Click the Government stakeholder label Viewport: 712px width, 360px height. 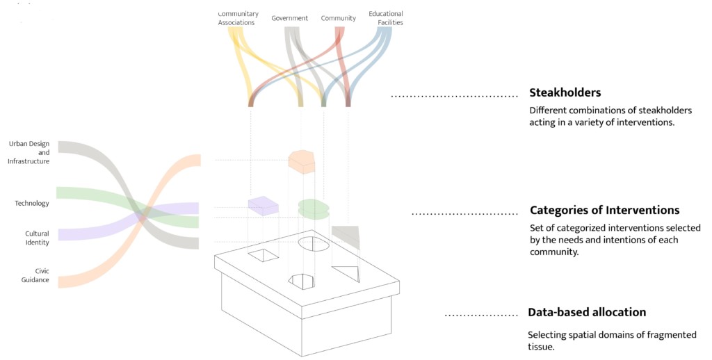289,18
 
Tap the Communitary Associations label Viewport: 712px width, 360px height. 236,18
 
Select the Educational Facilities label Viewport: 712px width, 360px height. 386,18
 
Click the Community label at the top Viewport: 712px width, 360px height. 338,18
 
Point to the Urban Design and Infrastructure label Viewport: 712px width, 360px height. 29,152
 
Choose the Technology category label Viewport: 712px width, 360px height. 32,204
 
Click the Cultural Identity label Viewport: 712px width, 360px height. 37,238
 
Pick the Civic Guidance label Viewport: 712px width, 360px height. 38,275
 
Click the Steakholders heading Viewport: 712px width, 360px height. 565,92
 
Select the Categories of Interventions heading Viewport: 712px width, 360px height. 604,210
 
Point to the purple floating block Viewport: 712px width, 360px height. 263,205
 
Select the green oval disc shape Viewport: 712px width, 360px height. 314,208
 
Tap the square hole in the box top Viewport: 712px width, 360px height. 264,255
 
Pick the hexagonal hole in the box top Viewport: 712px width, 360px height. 302,281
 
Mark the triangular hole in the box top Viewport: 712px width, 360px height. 348,272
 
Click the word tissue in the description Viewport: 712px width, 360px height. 541,347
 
